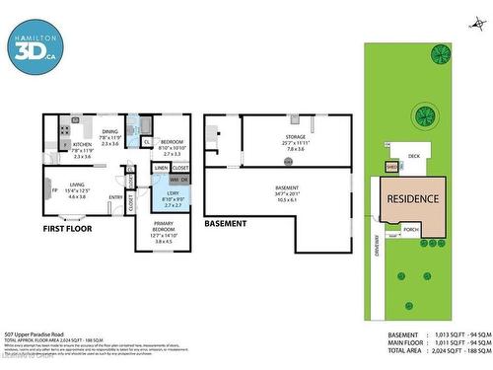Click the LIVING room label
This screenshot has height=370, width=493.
[76, 185]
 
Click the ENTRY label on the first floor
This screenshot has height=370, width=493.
[116, 197]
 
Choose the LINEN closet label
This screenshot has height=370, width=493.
[161, 169]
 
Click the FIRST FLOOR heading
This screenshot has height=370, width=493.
[71, 228]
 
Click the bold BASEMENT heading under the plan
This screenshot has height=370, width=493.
[225, 224]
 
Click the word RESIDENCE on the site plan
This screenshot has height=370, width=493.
[412, 198]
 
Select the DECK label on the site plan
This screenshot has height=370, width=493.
[414, 155]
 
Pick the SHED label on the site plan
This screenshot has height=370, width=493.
[391, 168]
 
